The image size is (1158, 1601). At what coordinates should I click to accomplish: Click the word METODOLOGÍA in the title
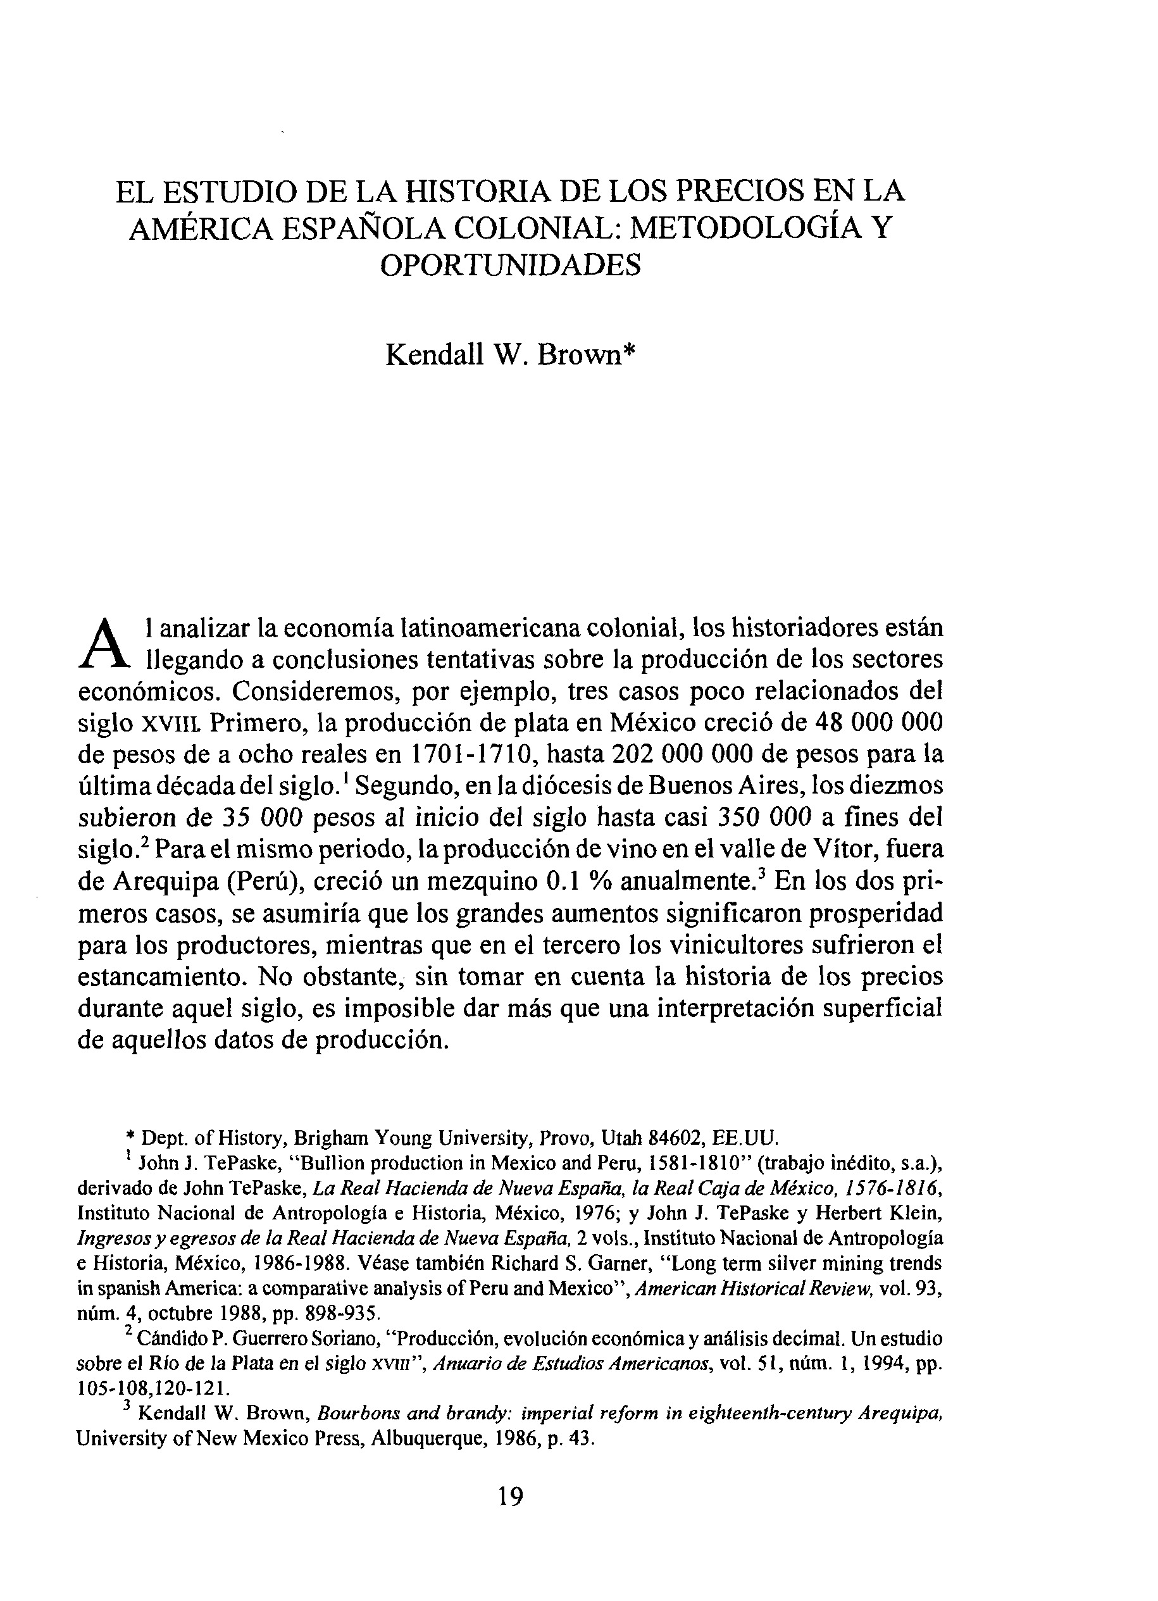coord(742,227)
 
